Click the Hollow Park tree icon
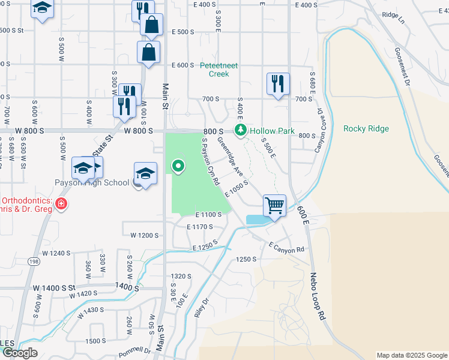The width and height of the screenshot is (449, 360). [x=241, y=130]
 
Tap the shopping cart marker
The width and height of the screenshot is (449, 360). [x=274, y=206]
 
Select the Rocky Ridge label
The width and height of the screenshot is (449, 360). [x=366, y=128]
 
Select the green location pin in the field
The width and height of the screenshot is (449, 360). [x=178, y=166]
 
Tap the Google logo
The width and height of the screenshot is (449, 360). [x=20, y=353]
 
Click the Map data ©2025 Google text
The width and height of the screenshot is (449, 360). [x=411, y=355]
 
